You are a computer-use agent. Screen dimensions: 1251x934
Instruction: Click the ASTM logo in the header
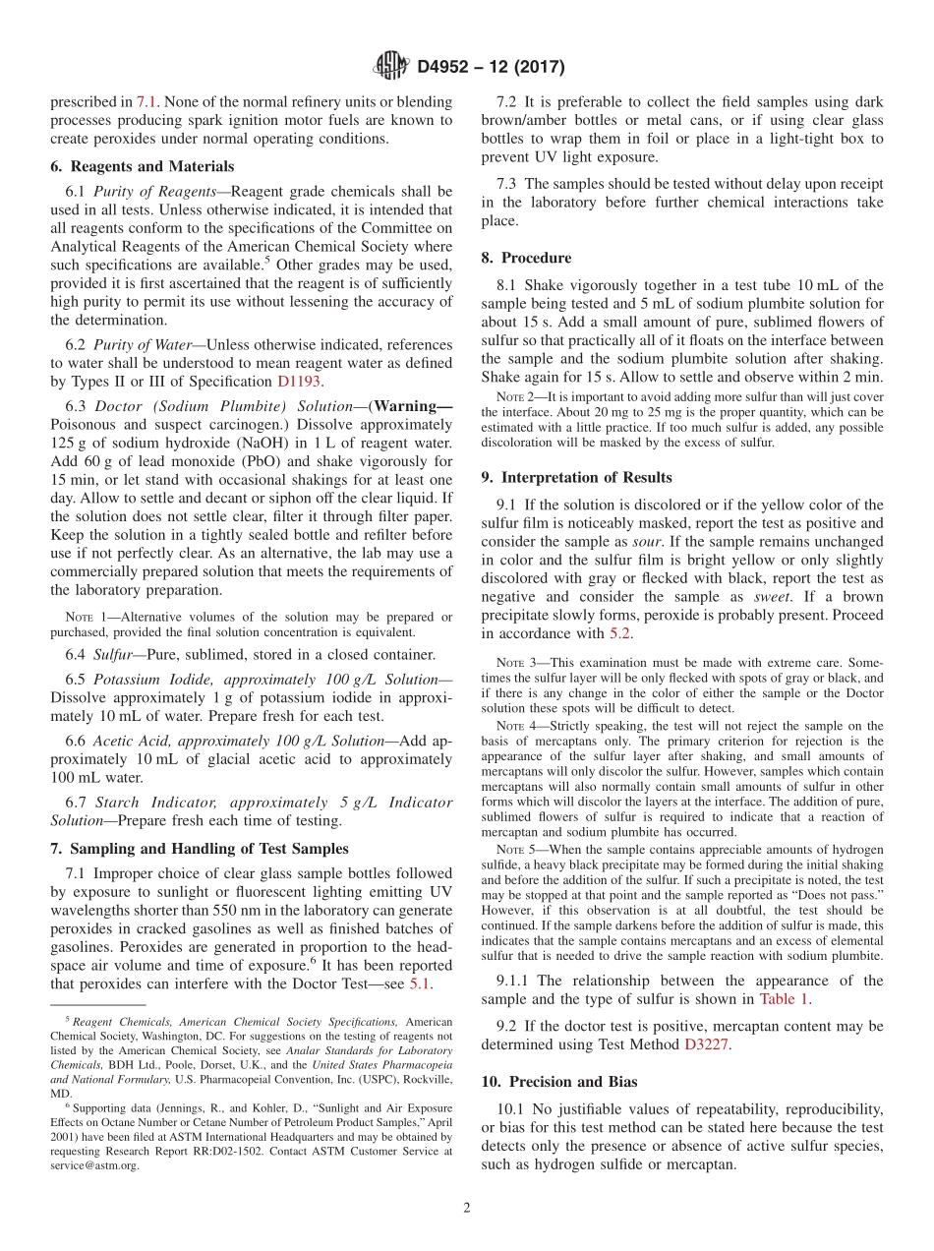390,67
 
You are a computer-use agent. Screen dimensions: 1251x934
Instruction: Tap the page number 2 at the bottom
467,1208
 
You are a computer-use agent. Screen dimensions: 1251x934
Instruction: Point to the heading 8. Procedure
526,258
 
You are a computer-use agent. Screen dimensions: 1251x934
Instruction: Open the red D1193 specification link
299,382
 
